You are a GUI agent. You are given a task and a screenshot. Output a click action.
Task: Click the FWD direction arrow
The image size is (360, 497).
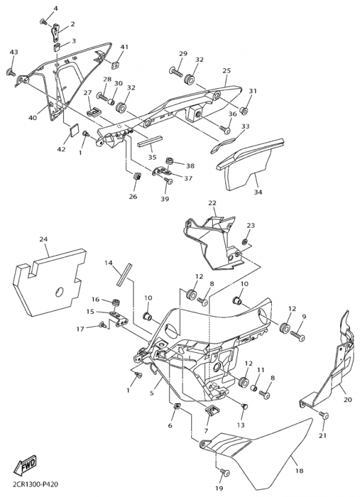point(25,465)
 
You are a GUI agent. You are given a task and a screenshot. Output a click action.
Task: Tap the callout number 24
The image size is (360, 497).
point(43,239)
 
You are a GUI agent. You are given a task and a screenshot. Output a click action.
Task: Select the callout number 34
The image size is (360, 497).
point(258,192)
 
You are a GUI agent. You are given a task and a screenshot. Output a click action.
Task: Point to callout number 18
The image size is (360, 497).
point(299,471)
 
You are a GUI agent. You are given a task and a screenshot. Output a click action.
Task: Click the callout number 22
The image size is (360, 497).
point(212,203)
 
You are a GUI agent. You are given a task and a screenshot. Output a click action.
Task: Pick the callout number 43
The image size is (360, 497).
point(14,52)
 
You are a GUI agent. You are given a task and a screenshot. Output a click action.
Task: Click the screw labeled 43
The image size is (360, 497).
point(11,72)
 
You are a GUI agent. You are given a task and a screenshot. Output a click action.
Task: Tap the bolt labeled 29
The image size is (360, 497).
point(176,71)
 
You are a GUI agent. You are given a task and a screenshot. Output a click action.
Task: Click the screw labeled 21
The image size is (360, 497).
point(324,415)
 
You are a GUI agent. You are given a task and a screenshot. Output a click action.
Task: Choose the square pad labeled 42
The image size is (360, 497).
point(74,130)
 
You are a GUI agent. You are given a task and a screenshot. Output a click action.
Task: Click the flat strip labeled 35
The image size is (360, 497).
point(150,141)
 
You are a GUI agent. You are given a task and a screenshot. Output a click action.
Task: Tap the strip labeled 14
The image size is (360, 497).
point(123,275)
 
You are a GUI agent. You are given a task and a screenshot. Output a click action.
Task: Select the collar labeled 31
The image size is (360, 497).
point(244,111)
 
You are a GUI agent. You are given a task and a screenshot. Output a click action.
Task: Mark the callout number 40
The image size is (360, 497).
point(32,117)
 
